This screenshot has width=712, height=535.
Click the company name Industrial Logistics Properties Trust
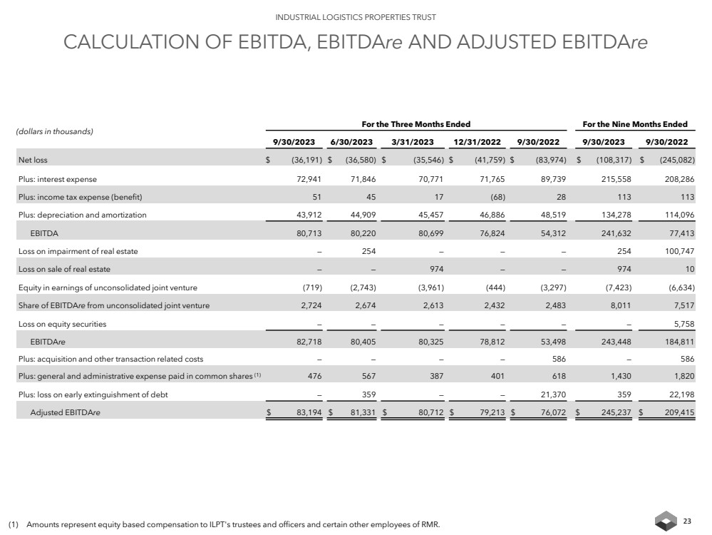pyautogui.click(x=356, y=16)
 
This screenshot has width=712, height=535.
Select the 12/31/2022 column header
pyautogui.click(x=477, y=141)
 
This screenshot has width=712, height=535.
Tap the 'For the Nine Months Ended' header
pyautogui.click(x=636, y=124)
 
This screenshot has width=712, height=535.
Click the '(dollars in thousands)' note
pyautogui.click(x=56, y=132)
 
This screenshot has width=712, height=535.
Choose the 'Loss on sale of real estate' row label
pyautogui.click(x=64, y=269)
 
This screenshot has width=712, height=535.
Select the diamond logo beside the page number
pyautogui.click(x=666, y=521)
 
